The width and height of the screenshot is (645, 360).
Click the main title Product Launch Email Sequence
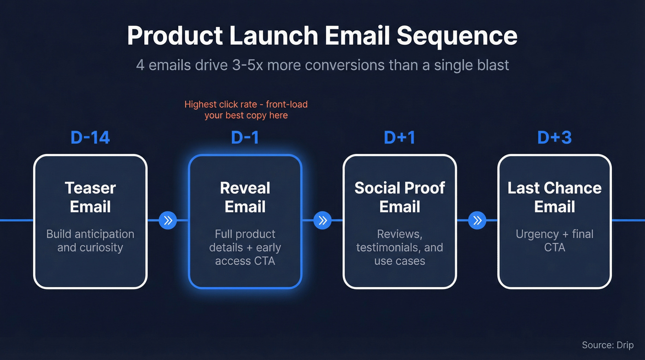coord(322,35)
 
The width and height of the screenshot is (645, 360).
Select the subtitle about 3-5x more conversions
coord(322,65)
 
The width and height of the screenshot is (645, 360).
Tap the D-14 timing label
coord(90,137)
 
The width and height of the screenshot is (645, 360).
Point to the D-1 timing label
coord(245,137)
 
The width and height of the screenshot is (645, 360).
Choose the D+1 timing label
coord(399,137)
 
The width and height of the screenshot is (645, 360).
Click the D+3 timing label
coord(554,137)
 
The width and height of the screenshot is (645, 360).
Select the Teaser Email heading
coord(90,197)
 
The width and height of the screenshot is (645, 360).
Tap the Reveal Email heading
coord(245,197)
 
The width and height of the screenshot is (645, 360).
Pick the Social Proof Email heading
coord(399,197)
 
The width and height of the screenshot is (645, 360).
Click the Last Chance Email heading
coord(554,197)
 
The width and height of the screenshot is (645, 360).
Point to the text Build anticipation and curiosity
coord(90,241)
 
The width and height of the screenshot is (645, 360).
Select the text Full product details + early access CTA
coord(245,248)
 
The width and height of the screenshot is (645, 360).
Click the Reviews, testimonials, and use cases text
coord(399,248)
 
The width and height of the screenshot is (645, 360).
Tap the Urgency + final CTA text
coord(554,241)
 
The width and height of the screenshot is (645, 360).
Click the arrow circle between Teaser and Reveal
coord(168,220)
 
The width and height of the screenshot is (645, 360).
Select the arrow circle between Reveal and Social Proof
coord(322,220)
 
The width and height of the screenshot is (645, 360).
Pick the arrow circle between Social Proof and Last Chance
coord(477,220)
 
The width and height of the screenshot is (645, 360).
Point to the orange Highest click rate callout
coord(246,110)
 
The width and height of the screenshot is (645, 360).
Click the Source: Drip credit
coord(607,345)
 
